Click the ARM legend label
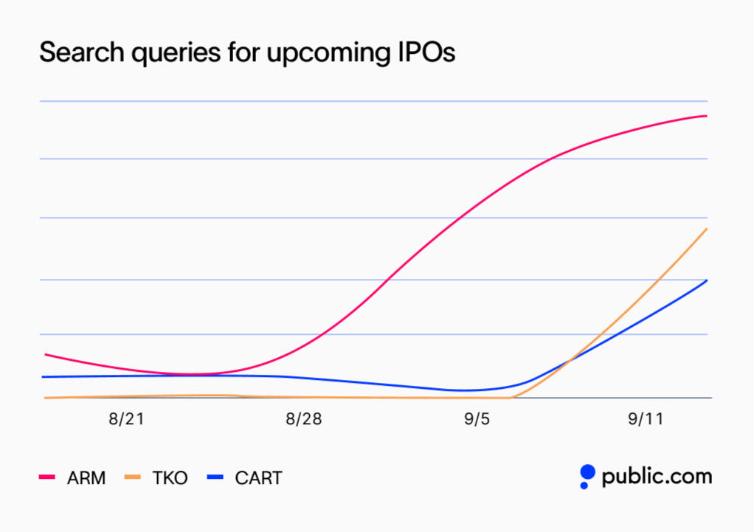(86, 478)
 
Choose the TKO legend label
(170, 478)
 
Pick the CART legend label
(258, 478)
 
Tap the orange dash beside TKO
(133, 478)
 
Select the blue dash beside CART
(215, 478)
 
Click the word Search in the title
(76, 54)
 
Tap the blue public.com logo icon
(587, 476)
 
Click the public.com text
(657, 477)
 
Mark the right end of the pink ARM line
(707, 116)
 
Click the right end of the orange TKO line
(707, 229)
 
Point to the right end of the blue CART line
(707, 280)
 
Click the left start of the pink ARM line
(46, 354)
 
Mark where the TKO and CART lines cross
(570, 361)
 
